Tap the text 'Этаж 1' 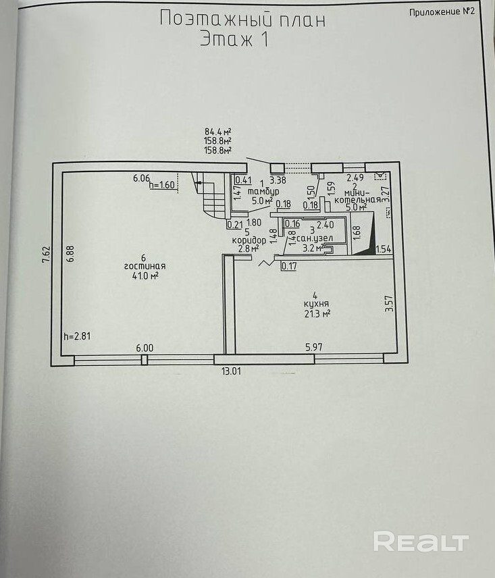tap(234, 39)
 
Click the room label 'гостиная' tap(144, 266)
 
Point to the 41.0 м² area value tap(145, 275)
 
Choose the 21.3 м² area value tap(316, 313)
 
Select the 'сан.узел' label tap(312, 238)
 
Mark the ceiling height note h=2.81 tap(76, 336)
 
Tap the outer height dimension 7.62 tap(45, 255)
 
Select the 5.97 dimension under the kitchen tap(315, 348)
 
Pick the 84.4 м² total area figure tap(217, 132)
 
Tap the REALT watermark tap(421, 541)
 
